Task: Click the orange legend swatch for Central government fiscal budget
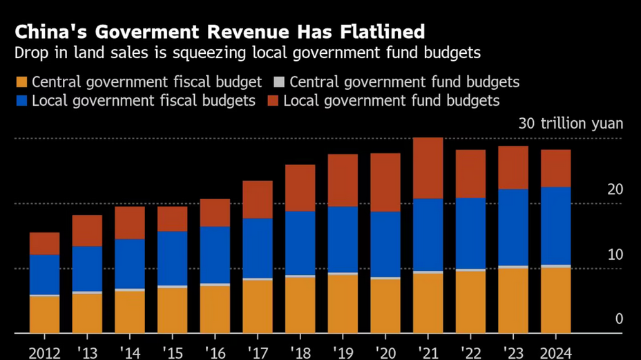pyautogui.click(x=22, y=83)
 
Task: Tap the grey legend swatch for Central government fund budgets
pyautogui.click(x=279, y=83)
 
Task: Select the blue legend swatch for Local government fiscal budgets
pyautogui.click(x=22, y=101)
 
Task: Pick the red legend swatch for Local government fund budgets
pyautogui.click(x=273, y=101)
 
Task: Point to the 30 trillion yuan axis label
pyautogui.click(x=571, y=124)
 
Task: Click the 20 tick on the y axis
pyautogui.click(x=615, y=189)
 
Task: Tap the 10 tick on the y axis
pyautogui.click(x=615, y=254)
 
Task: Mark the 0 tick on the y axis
pyautogui.click(x=619, y=319)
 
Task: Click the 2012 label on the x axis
pyautogui.click(x=44, y=352)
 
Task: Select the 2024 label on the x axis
pyautogui.click(x=555, y=352)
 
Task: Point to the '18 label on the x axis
pyautogui.click(x=300, y=352)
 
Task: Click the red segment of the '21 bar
pyautogui.click(x=428, y=168)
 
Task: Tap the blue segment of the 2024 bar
pyautogui.click(x=555, y=225)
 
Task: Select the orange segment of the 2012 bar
pyautogui.click(x=44, y=314)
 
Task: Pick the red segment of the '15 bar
pyautogui.click(x=172, y=218)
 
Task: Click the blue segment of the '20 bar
pyautogui.click(x=385, y=244)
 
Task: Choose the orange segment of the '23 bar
pyautogui.click(x=513, y=301)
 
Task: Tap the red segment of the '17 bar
pyautogui.click(x=257, y=200)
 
